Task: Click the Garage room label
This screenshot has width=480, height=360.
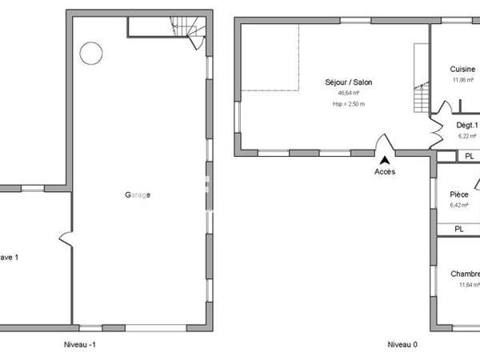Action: [138, 195]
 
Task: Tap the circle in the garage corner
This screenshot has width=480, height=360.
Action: [90, 53]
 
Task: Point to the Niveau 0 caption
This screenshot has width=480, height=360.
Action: [402, 345]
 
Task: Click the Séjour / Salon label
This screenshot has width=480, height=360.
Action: [348, 82]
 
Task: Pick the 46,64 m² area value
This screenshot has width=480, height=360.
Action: [349, 93]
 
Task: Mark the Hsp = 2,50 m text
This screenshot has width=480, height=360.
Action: [349, 104]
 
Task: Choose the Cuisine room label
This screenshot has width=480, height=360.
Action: [463, 70]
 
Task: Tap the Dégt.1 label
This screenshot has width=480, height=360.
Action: [467, 126]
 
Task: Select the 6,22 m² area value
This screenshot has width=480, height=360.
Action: [467, 136]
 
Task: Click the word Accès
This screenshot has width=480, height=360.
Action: [385, 172]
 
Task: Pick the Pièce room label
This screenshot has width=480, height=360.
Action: [459, 194]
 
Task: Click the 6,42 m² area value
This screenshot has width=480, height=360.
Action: [459, 205]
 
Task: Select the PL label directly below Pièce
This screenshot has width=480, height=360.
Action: [458, 229]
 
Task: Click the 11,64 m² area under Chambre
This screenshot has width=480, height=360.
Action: [468, 284]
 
